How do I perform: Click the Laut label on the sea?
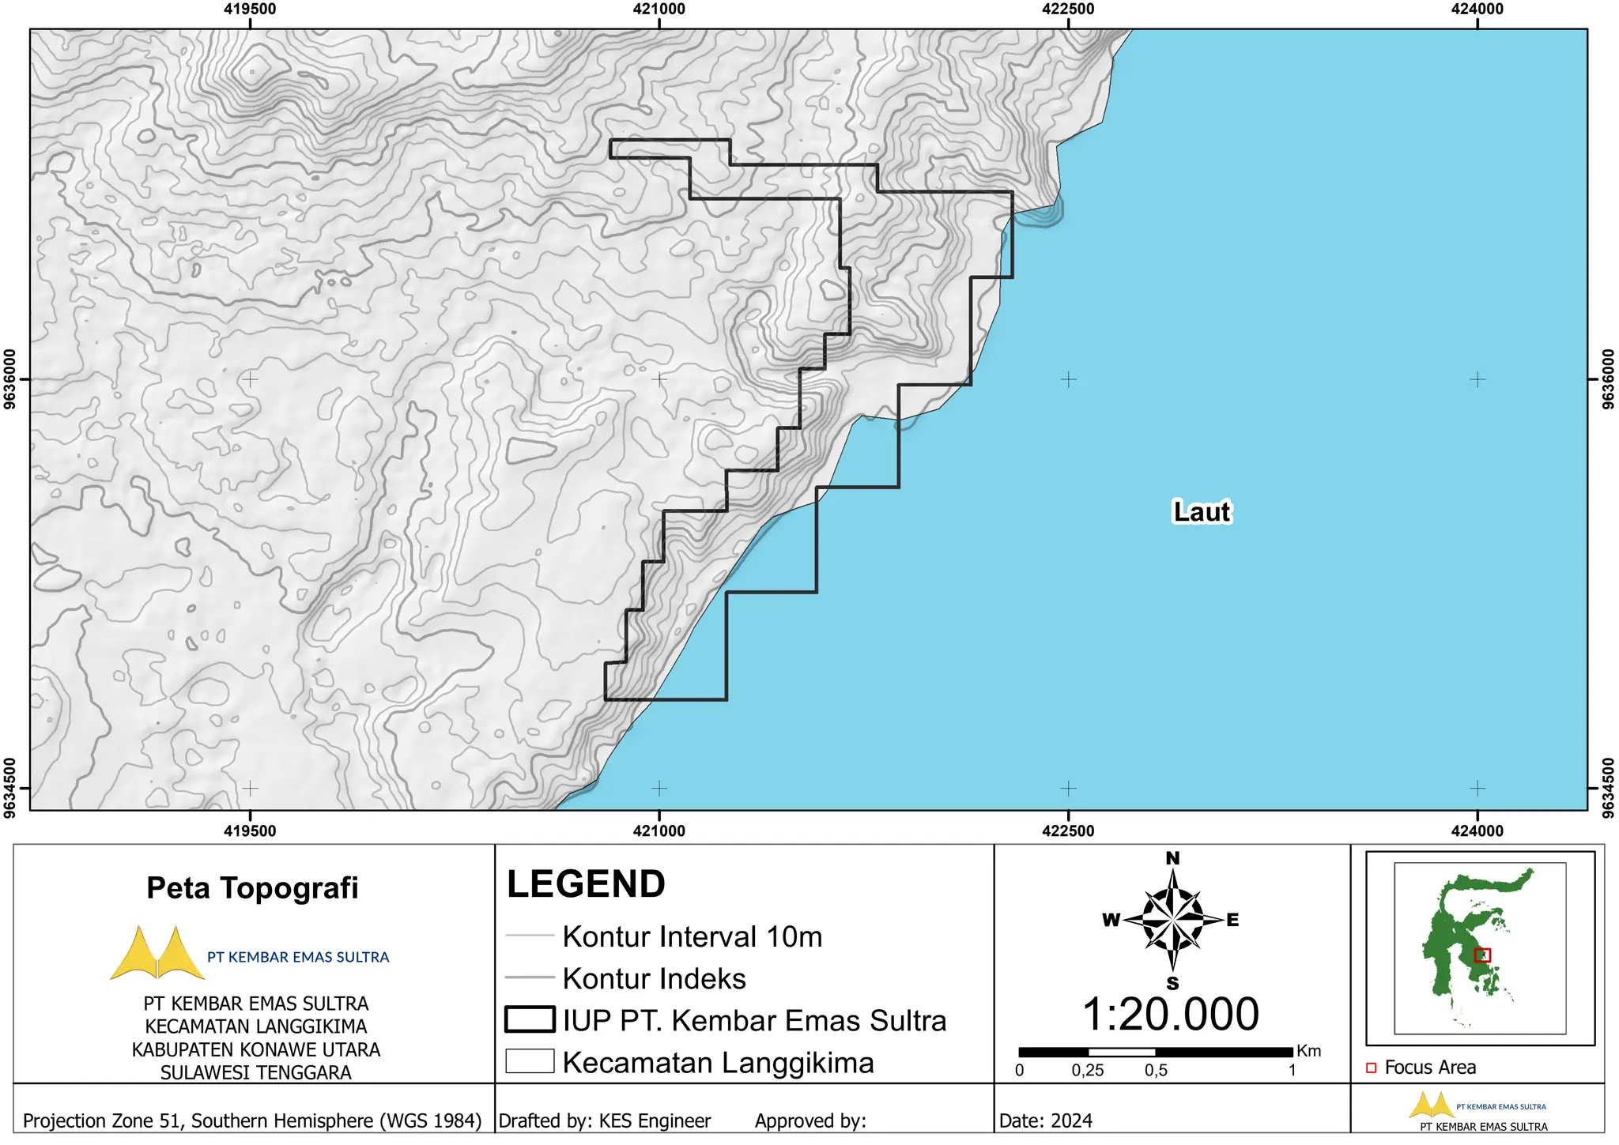coord(1201,511)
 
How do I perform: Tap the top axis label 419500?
coord(250,9)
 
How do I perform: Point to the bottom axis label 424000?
coord(1477,831)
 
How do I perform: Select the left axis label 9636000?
coord(10,379)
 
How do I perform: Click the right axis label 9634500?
coord(1608,788)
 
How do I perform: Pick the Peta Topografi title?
coord(252,888)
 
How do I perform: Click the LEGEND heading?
coord(586,884)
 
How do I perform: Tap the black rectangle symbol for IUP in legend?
coord(530,1019)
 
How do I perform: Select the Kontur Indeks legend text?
coord(654,978)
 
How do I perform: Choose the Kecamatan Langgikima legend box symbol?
coord(530,1061)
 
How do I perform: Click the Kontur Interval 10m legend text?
coord(692,936)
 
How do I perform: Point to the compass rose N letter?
coord(1172,858)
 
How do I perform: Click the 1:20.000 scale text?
coord(1170,1014)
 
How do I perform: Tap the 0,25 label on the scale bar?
coord(1088,1071)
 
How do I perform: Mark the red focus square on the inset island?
coord(1482,955)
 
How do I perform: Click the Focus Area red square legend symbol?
coord(1371,1068)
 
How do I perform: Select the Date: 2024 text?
coord(1045,1121)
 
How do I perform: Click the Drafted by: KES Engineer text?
coord(605,1121)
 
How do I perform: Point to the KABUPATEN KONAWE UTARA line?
coord(255,1049)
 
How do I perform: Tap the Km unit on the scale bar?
coord(1309,1051)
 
